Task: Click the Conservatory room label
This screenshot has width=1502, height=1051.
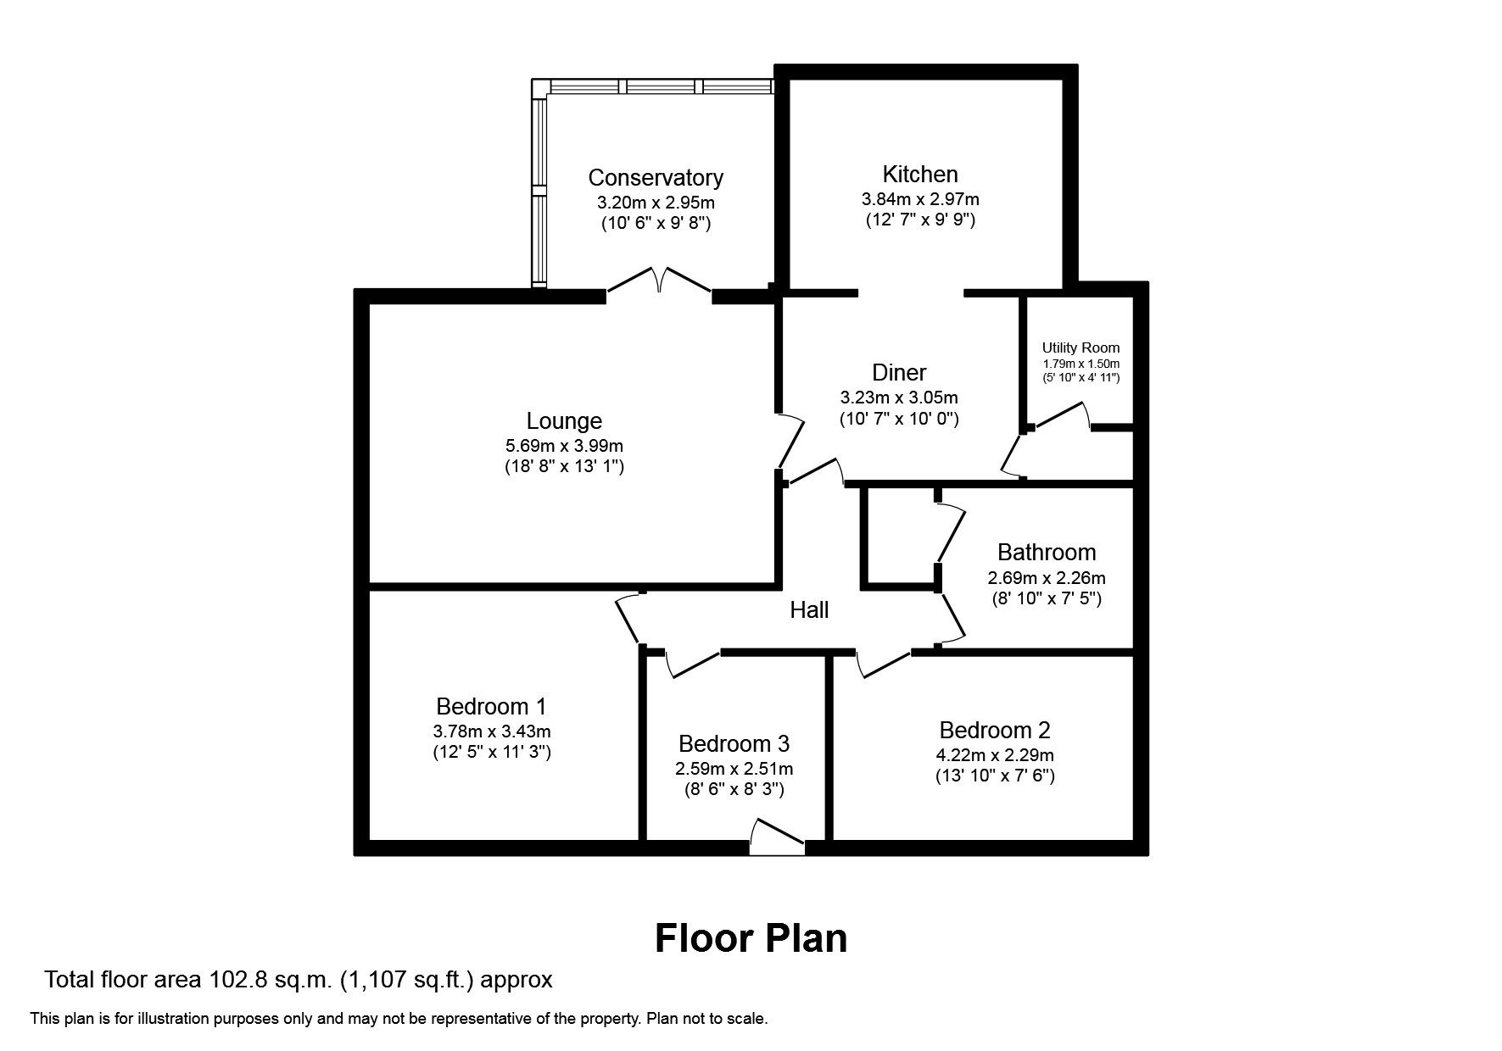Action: (656, 178)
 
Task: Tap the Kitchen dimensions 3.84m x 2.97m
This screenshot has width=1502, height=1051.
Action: (920, 200)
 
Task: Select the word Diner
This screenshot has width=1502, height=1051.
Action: (899, 372)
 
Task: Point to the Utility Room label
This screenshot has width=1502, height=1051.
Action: (1080, 348)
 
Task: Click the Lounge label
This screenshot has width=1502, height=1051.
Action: (564, 420)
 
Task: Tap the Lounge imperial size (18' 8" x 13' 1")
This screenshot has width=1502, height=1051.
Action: (564, 466)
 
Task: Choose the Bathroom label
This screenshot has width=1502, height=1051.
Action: (1046, 553)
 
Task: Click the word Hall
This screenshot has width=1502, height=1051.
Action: (809, 610)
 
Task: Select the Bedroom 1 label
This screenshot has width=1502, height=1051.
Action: (491, 706)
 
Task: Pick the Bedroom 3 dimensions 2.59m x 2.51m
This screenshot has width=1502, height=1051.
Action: (734, 770)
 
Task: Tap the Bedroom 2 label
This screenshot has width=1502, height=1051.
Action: (995, 730)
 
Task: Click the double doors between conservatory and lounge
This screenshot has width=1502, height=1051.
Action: (659, 282)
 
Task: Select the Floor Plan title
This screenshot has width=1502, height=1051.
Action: (751, 938)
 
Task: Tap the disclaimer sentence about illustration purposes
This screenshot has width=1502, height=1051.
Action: (399, 1019)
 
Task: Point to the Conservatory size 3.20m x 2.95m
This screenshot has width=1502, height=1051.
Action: (656, 203)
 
